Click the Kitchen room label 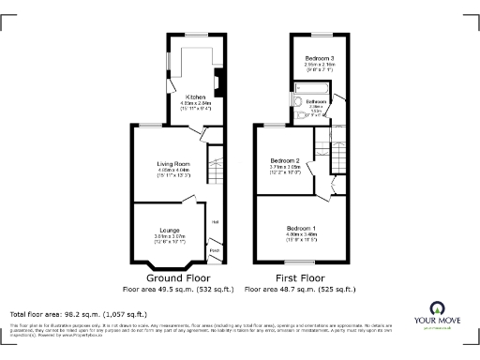195,97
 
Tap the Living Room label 173,164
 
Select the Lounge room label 170,230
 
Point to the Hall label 215,221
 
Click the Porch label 215,250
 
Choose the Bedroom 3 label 319,58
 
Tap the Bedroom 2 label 284,161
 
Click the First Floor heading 300,278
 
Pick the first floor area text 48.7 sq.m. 300,290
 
